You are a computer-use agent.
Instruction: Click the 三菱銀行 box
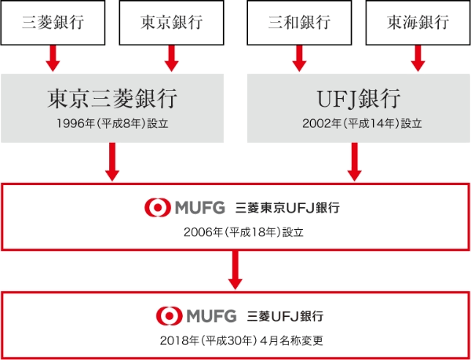point(53,22)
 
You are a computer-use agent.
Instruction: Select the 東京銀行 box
point(172,22)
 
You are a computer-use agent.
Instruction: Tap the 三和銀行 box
point(298,22)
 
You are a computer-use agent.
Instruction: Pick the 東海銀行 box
point(418,22)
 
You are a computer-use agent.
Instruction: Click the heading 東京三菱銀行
point(112,99)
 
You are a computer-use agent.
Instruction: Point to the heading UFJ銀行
point(359,99)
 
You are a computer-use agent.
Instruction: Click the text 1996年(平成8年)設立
point(112,123)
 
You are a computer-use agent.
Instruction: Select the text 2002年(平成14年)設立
point(359,123)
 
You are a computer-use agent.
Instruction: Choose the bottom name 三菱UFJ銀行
point(285,316)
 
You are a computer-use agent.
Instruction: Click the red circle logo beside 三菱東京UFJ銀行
point(157,208)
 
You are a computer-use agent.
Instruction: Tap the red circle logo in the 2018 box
point(168,315)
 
